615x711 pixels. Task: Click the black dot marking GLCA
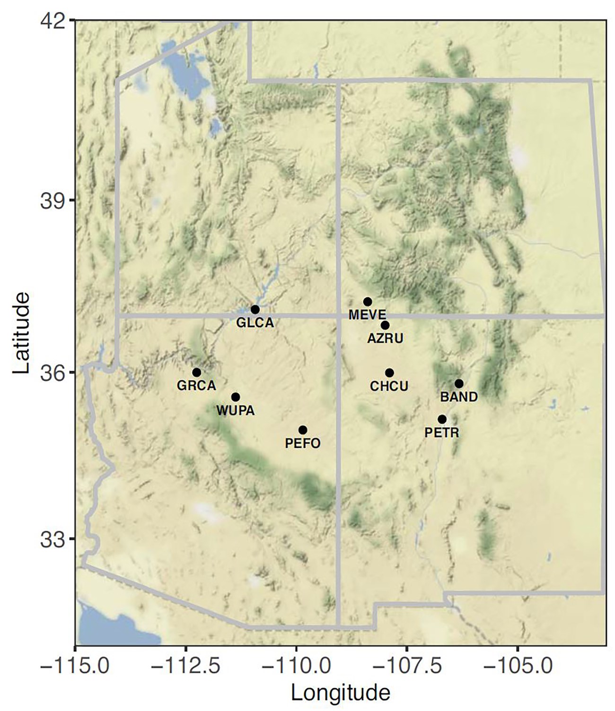255,309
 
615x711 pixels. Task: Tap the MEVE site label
367,314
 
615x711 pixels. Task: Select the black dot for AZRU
385,325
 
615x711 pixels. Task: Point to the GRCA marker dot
197,373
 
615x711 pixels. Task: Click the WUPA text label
236,410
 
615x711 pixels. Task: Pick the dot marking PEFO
303,430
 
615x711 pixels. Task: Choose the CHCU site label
389,386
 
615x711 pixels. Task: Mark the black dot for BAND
459,383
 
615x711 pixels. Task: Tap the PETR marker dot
442,419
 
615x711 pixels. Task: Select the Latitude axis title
21,333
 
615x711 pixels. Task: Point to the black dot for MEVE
368,302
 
